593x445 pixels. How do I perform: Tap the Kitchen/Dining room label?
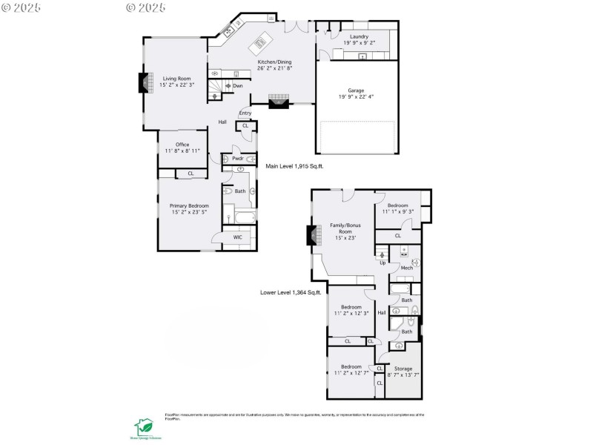274,65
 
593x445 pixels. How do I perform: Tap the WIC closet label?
238,237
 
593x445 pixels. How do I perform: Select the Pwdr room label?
238,159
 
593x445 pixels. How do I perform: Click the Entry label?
245,113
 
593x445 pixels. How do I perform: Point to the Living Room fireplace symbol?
144,82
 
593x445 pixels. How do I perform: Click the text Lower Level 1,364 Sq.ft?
291,292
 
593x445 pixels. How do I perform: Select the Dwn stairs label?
237,86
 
